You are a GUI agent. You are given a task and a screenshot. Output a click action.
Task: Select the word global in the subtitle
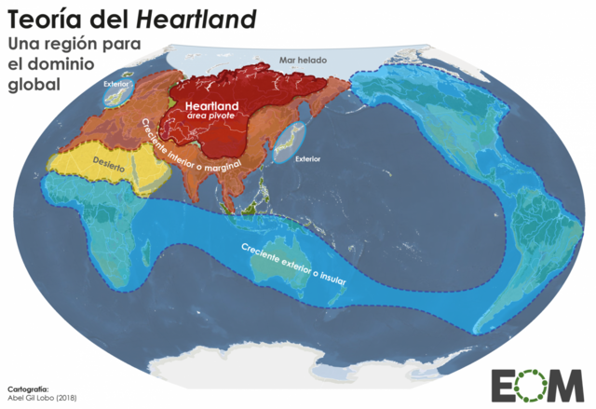pyautogui.click(x=34, y=83)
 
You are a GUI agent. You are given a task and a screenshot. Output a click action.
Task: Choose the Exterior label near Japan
pyautogui.click(x=306, y=158)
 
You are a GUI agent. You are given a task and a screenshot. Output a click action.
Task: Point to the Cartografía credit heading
pyautogui.click(x=27, y=385)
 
